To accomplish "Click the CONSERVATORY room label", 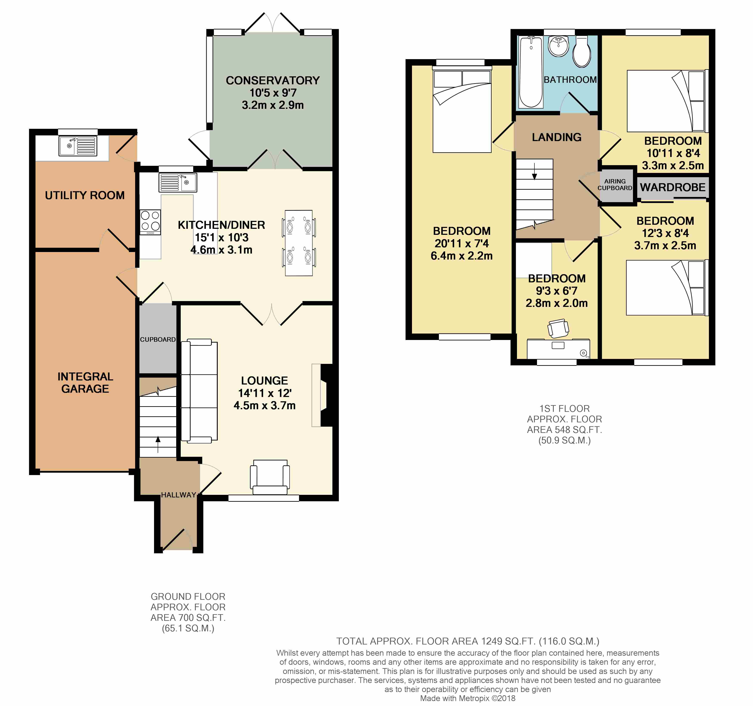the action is point(273,81).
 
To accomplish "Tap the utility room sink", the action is point(78,146).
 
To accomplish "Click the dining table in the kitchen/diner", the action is point(299,243).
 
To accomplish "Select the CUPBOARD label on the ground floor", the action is point(158,340).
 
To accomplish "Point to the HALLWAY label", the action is point(178,495).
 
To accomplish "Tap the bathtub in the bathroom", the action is point(531,72).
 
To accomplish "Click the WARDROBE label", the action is point(673,187).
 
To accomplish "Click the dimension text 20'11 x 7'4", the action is point(462,243).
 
